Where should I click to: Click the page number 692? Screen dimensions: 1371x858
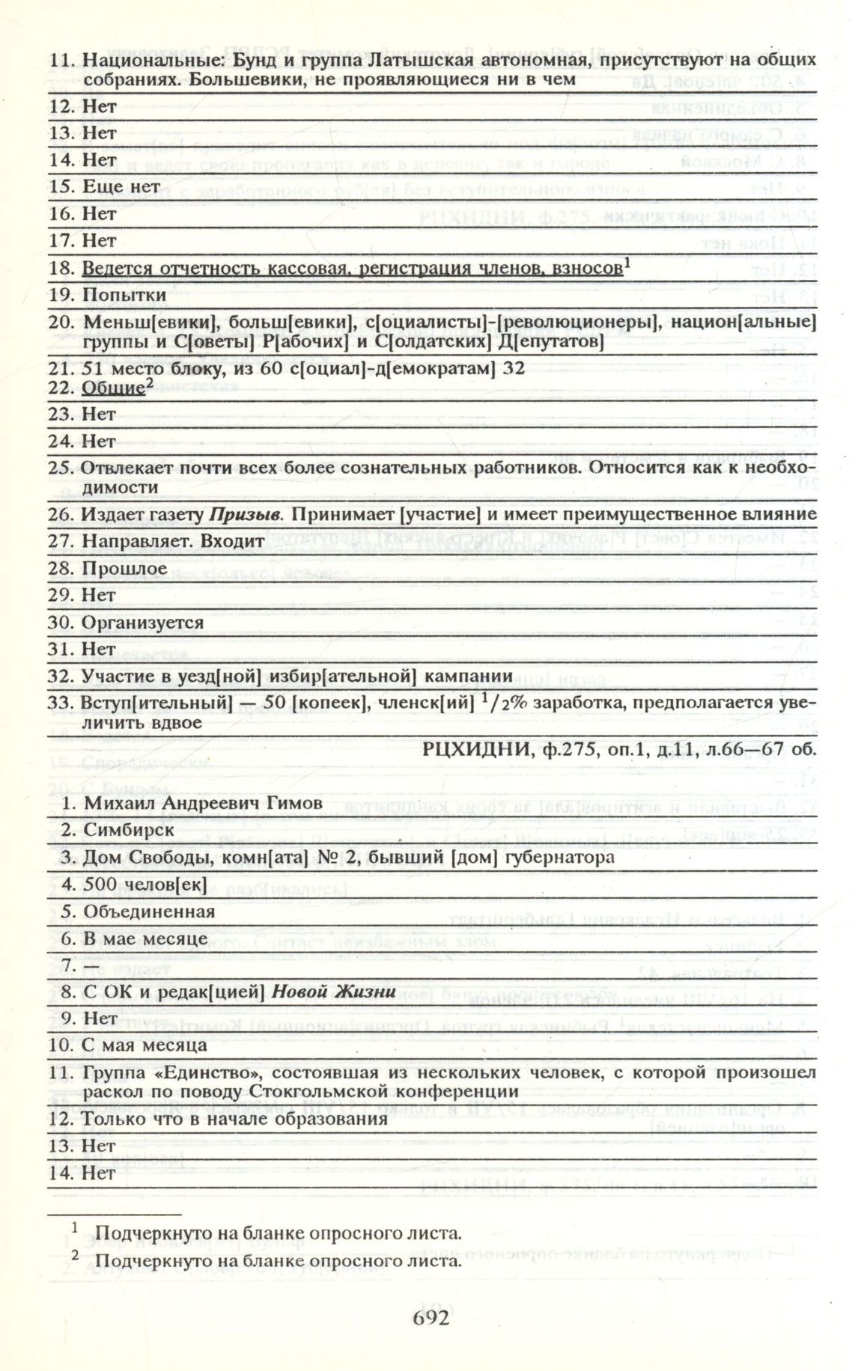click(431, 1316)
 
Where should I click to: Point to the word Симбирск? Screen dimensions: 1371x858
click(129, 831)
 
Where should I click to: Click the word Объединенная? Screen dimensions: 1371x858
click(149, 912)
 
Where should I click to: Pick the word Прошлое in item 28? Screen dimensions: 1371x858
click(124, 569)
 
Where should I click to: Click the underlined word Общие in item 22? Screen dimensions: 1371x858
click(112, 389)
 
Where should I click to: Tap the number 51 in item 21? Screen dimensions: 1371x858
click(92, 369)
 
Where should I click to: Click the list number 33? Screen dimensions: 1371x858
click(59, 703)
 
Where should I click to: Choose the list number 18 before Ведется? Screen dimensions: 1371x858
click(59, 268)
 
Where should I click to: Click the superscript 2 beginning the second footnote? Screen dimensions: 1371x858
click(76, 1256)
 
